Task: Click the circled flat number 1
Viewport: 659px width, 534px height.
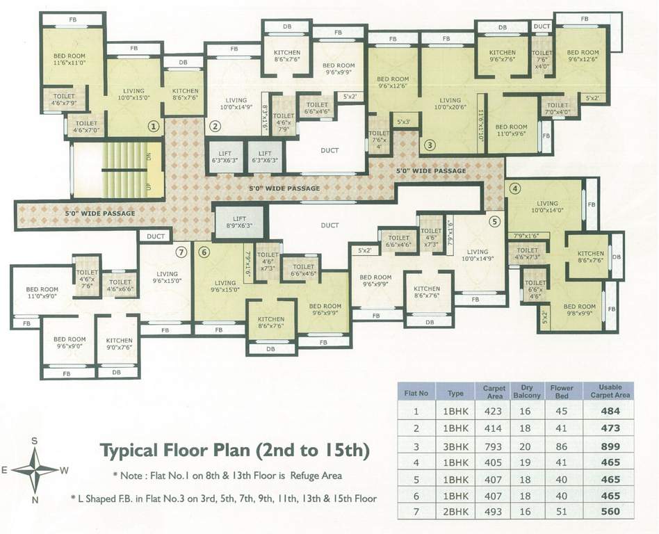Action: click(x=154, y=127)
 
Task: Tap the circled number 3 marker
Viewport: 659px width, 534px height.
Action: click(x=430, y=145)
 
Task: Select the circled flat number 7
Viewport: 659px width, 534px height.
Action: click(x=181, y=252)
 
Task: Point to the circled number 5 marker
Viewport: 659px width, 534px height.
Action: click(x=494, y=222)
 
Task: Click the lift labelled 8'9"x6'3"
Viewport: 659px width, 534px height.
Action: click(x=239, y=222)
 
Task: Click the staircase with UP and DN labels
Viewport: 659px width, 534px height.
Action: click(x=118, y=169)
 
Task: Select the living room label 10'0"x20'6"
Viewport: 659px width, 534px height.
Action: click(x=450, y=104)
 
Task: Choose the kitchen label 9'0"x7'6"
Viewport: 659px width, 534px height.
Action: click(x=119, y=343)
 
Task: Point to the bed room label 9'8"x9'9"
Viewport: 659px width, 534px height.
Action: click(x=578, y=310)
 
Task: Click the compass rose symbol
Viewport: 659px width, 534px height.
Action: click(x=35, y=469)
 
